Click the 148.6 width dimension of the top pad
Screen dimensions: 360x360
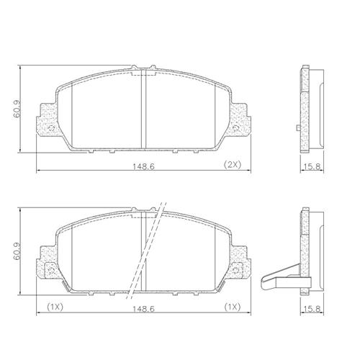point(144,166)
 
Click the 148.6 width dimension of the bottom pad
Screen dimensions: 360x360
point(144,309)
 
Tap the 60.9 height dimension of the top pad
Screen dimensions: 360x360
point(17,109)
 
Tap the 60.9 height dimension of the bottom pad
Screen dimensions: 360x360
point(17,251)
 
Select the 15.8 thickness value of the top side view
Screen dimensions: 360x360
point(312,166)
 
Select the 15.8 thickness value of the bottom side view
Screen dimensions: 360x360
point(312,309)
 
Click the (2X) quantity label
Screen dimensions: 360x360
point(233,165)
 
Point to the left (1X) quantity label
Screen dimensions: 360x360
point(55,307)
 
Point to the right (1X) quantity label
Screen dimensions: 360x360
point(233,307)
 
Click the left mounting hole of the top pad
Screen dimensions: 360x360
point(51,128)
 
